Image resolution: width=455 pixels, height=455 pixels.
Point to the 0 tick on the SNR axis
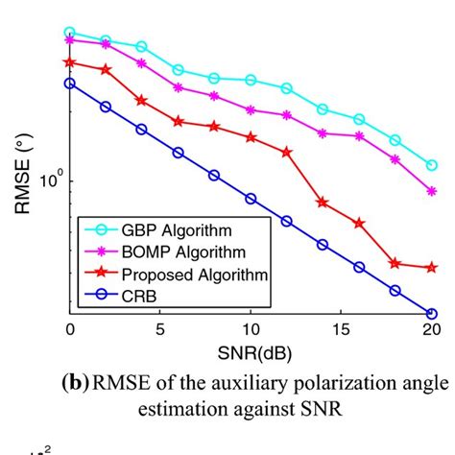click(x=70, y=329)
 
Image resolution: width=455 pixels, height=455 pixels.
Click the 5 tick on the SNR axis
click(x=160, y=329)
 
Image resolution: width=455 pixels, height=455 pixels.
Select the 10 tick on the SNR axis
click(x=251, y=329)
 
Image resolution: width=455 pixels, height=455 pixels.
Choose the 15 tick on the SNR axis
click(x=341, y=329)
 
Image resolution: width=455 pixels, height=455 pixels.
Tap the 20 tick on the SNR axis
click(x=431, y=329)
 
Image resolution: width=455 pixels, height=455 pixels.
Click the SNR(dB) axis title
click(x=251, y=350)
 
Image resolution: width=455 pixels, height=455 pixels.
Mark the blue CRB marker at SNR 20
click(x=431, y=313)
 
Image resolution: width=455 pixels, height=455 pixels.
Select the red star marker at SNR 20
click(x=431, y=268)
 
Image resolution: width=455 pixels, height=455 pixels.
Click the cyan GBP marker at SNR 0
click(x=70, y=33)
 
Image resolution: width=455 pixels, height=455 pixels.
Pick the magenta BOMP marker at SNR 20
click(x=431, y=192)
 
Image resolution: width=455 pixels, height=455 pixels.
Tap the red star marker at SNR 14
click(x=323, y=203)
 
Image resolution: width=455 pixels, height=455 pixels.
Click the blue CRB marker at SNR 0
click(x=70, y=84)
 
